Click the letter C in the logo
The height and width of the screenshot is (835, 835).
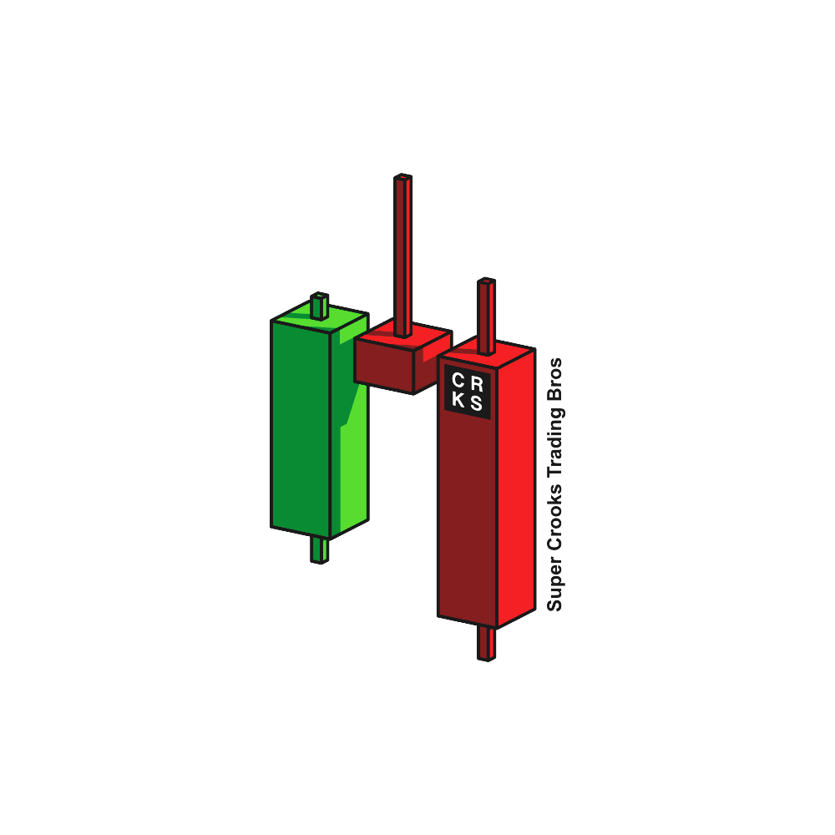coord(458,380)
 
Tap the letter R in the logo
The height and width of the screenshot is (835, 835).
coord(477,384)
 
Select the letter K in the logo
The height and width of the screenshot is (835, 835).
coord(458,399)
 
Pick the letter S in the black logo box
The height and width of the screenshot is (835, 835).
coord(476,403)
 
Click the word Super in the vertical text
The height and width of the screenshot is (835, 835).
coord(555,584)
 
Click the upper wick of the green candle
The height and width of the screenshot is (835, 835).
coord(320,306)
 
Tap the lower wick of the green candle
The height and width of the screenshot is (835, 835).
coord(320,550)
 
